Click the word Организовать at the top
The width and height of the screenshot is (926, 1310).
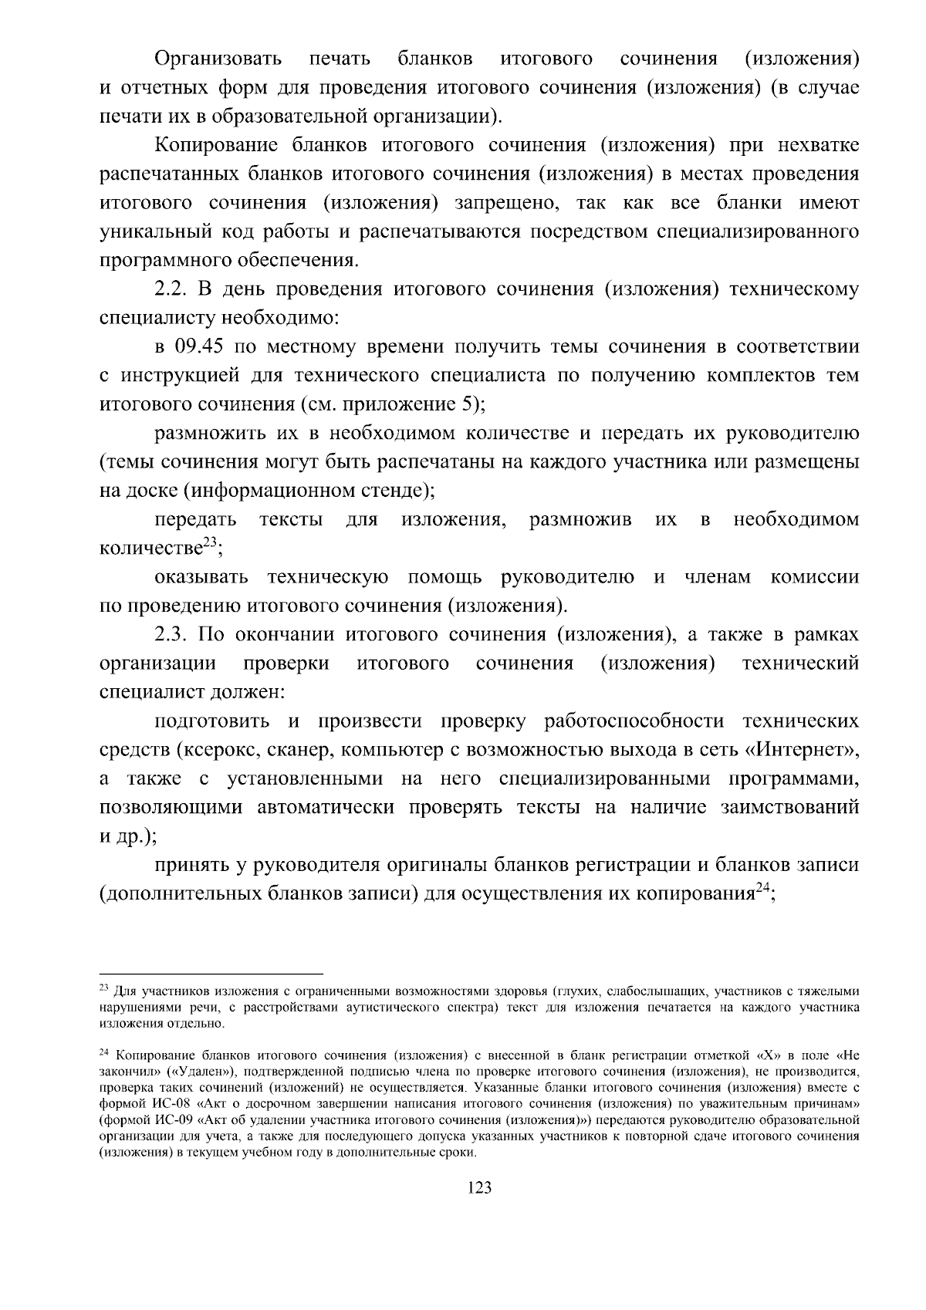218,59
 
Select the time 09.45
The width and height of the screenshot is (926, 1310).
200,346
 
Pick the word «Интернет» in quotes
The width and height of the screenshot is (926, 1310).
803,750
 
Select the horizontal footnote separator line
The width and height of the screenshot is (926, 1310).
211,974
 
